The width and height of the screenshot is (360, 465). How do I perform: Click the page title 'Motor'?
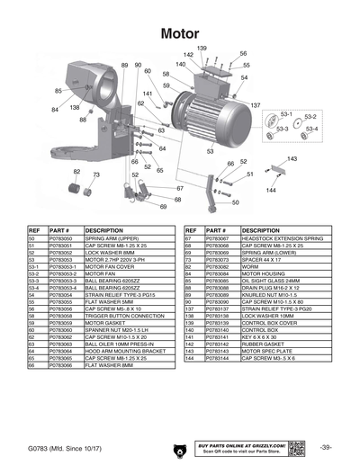[x=179, y=33]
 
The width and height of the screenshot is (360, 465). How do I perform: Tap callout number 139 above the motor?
[x=202, y=48]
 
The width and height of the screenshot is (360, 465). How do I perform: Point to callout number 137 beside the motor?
[x=256, y=106]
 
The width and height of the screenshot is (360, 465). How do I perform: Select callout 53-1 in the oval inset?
[x=287, y=115]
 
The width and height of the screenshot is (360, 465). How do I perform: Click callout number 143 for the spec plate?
[x=292, y=158]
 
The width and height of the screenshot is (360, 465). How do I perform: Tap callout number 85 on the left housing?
[x=58, y=91]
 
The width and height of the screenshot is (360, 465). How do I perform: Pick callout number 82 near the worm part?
[x=77, y=171]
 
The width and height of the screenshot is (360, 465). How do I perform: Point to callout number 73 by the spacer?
[x=96, y=174]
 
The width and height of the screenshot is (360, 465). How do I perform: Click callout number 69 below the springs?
[x=165, y=206]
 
